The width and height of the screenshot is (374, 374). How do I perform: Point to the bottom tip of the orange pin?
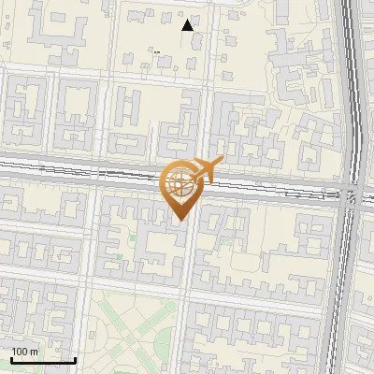tap(178, 221)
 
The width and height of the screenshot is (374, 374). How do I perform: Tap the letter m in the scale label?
tap(35, 352)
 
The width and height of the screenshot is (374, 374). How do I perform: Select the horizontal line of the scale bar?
tap(43, 360)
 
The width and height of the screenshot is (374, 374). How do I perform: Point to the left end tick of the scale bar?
tap(11, 358)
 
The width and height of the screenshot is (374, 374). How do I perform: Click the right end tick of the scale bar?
tap(75, 358)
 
